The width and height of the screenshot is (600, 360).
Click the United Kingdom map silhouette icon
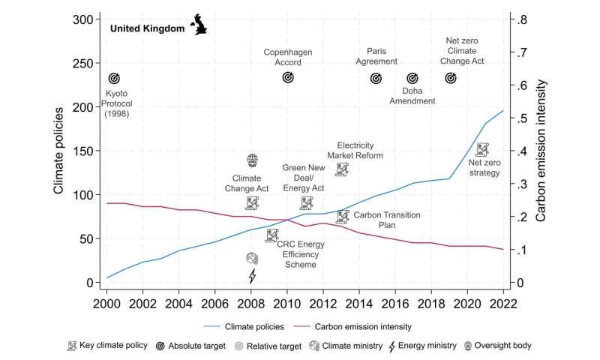click(x=200, y=24)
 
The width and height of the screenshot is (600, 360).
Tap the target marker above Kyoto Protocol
click(x=114, y=78)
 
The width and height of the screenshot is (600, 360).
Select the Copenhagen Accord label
click(x=287, y=57)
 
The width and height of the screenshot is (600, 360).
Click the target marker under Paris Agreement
click(x=376, y=78)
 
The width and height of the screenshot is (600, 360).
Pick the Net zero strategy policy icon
click(x=482, y=150)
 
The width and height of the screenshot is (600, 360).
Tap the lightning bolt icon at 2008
click(x=252, y=276)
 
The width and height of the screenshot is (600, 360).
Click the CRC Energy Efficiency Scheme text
click(x=301, y=254)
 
